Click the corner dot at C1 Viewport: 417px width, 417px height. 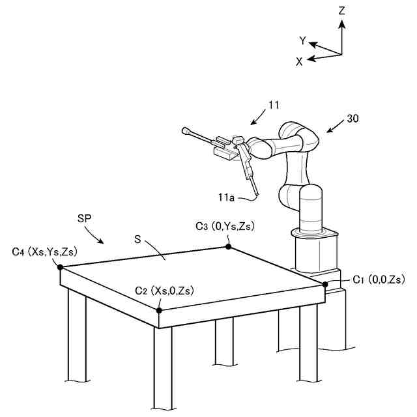(x=325, y=284)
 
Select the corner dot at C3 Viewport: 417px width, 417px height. (x=229, y=246)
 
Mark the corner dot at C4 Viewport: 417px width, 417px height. (x=60, y=266)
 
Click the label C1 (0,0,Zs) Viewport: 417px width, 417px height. (x=379, y=280)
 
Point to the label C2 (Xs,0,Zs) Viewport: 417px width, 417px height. (x=164, y=290)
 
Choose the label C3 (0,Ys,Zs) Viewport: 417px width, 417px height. (x=225, y=227)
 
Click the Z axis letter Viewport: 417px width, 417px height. (x=341, y=10)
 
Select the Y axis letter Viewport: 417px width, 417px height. (x=303, y=40)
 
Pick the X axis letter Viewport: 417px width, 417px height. (x=299, y=61)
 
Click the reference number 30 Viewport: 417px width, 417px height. (x=352, y=119)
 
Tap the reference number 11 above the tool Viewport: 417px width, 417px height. (x=273, y=104)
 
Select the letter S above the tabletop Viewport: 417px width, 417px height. (x=137, y=239)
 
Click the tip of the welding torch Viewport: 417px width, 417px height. (x=258, y=195)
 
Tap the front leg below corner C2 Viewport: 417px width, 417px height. (x=163, y=365)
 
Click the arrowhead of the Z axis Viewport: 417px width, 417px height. (x=341, y=23)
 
